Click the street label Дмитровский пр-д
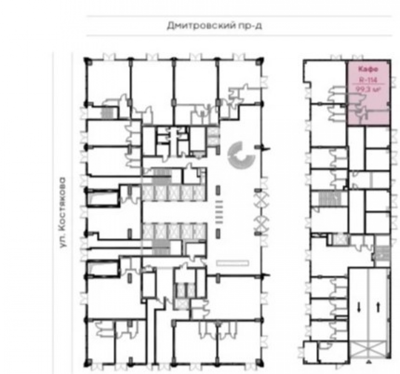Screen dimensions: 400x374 (214, 26)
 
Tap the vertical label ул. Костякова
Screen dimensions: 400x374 (62, 212)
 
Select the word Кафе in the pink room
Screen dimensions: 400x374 (368, 69)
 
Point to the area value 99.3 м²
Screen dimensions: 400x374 (368, 89)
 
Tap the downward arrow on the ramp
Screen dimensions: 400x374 (359, 307)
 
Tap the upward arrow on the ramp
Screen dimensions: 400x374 (378, 307)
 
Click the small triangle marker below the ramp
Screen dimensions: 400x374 (368, 361)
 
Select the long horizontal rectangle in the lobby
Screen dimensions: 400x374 (232, 263)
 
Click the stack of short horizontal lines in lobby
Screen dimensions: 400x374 (219, 212)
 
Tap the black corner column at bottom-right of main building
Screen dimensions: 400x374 (260, 362)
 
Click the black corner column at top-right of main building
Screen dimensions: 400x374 (260, 60)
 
